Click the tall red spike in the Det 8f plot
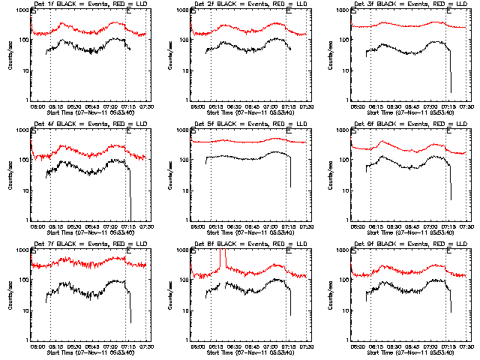tap(223, 259)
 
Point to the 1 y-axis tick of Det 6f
tap(347, 220)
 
